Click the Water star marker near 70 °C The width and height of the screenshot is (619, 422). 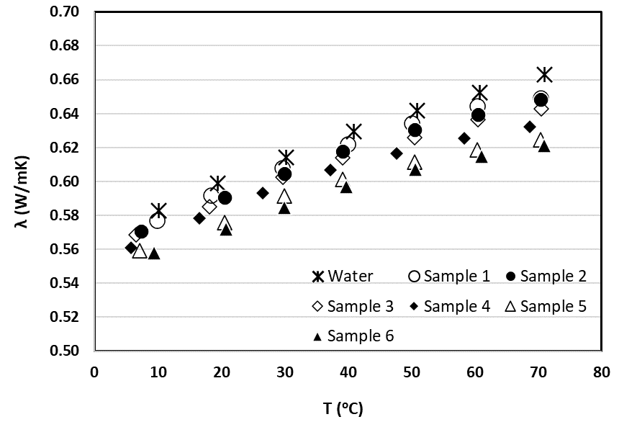(x=544, y=74)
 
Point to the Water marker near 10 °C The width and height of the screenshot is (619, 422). (x=158, y=210)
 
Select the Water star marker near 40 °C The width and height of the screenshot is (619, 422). (x=353, y=131)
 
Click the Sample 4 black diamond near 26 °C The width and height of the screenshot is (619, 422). (x=263, y=193)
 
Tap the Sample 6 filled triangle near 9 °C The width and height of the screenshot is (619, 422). (x=153, y=253)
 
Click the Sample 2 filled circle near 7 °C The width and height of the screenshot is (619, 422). (x=141, y=232)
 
